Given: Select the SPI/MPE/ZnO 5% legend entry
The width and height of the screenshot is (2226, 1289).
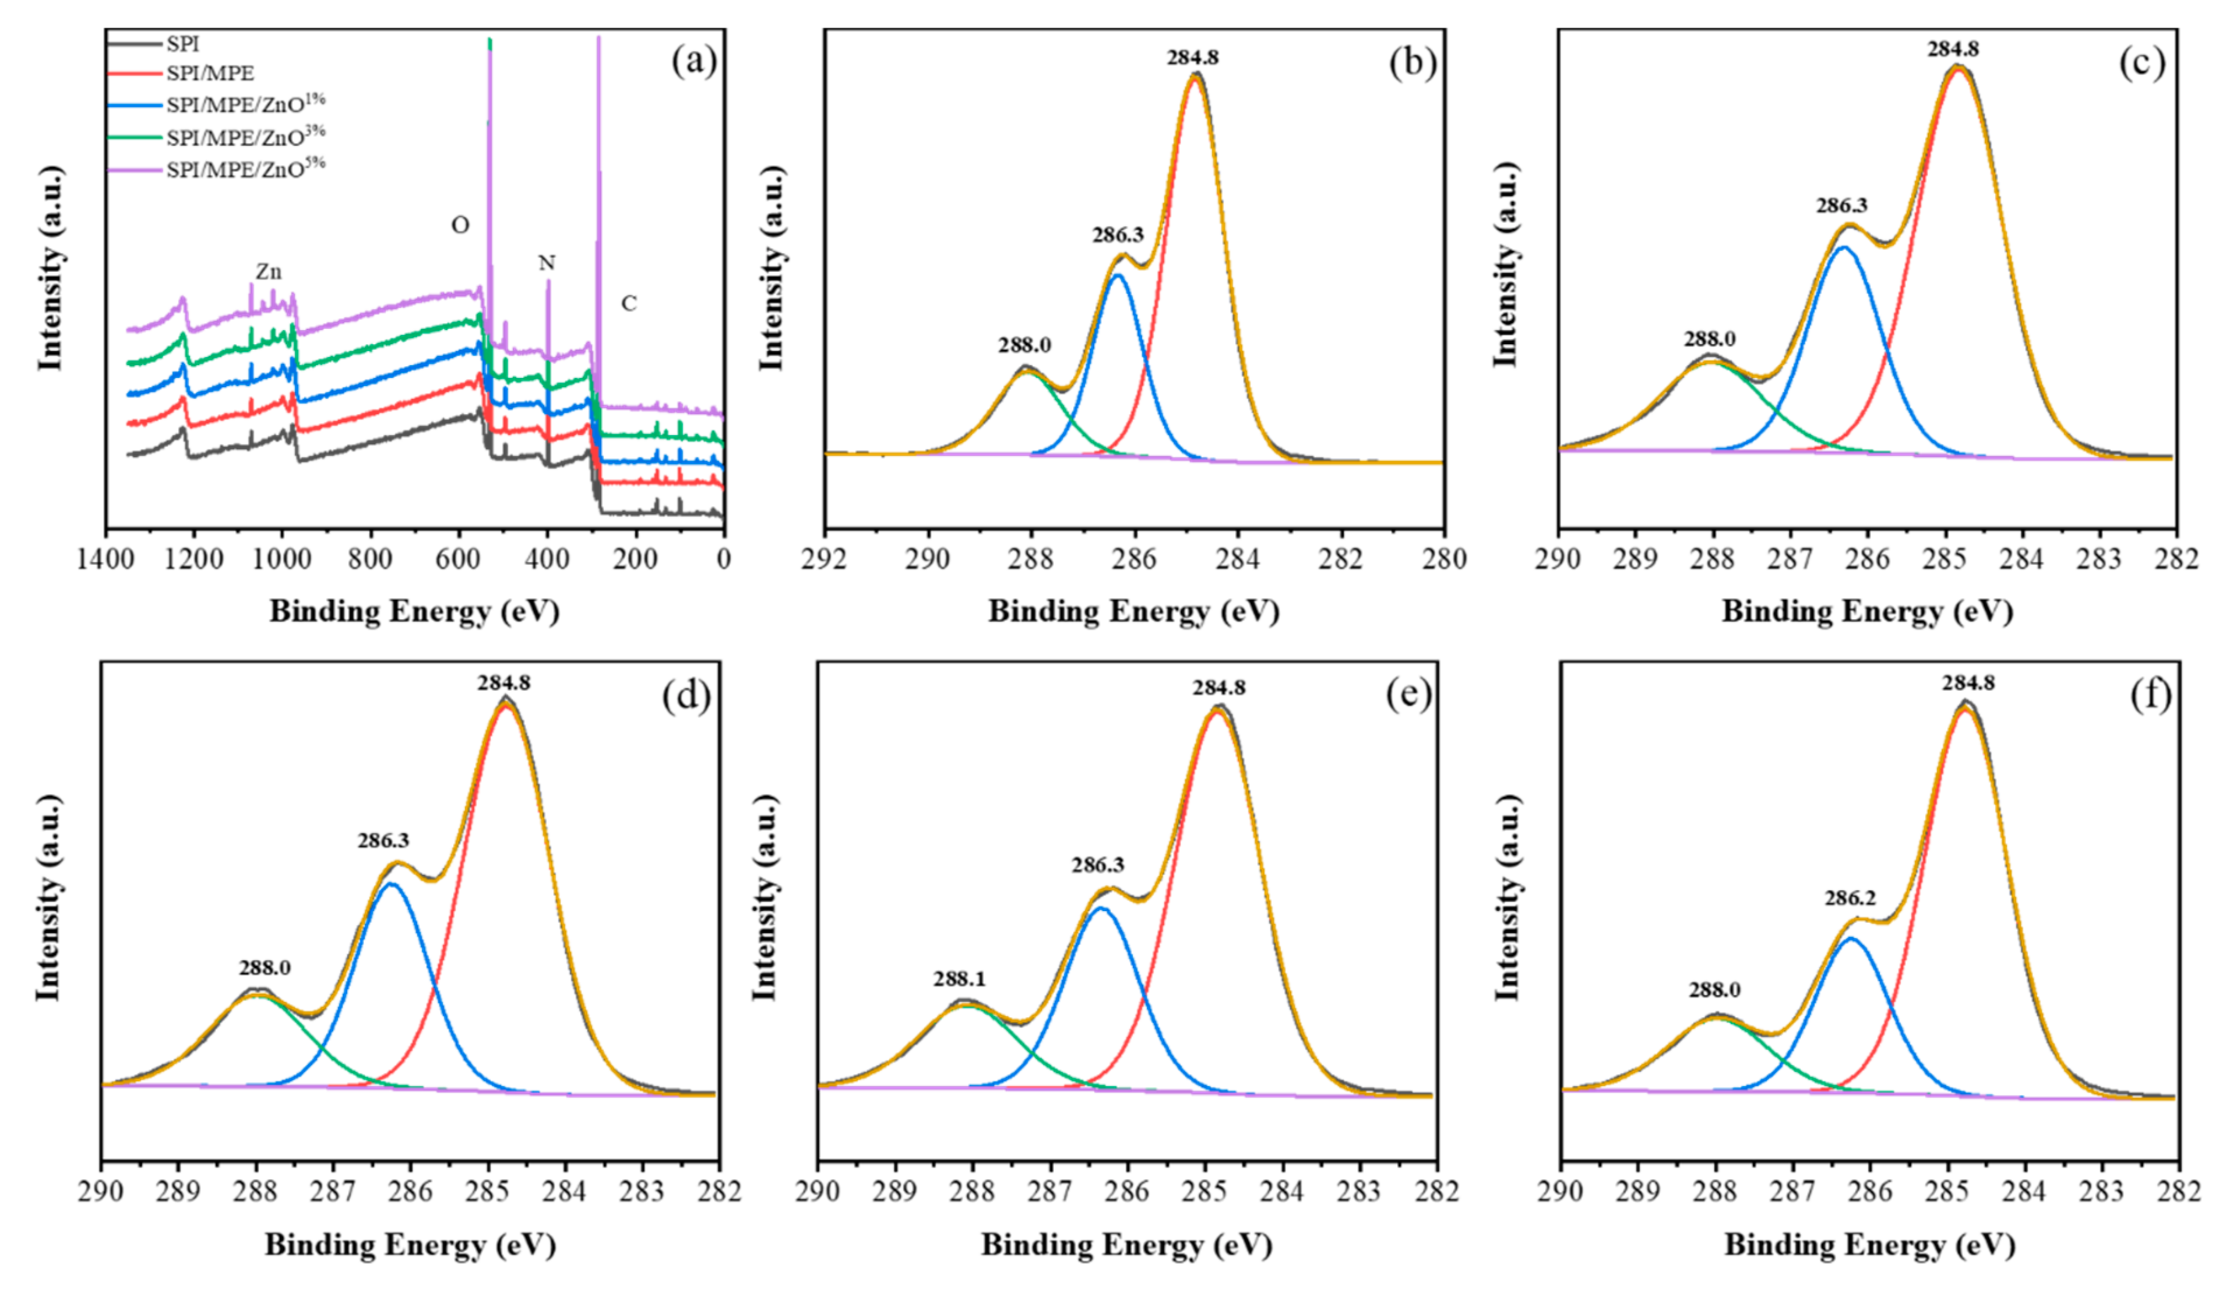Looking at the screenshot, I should pyautogui.click(x=245, y=168).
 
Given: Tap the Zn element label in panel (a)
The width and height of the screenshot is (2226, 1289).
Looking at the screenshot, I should pyautogui.click(x=269, y=272).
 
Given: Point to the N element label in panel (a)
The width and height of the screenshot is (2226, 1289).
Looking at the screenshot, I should pyautogui.click(x=547, y=263).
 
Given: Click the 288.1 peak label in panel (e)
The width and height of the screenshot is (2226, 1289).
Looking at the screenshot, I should pyautogui.click(x=959, y=979).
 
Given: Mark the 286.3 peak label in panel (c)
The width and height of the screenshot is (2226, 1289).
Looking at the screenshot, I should pyautogui.click(x=1842, y=206).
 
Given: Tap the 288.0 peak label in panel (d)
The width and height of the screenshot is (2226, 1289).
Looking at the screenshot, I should pyautogui.click(x=264, y=968).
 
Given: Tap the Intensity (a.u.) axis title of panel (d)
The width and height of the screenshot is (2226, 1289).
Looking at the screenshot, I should pyautogui.click(x=48, y=897).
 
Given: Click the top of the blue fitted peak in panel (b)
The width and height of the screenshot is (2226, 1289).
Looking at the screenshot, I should pyautogui.click(x=1118, y=275).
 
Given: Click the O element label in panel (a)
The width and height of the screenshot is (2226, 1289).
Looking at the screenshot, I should pyautogui.click(x=460, y=226).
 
